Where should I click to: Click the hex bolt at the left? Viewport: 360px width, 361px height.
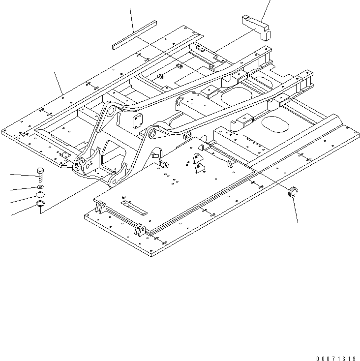[x=40, y=175]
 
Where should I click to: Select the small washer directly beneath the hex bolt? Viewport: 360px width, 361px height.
[x=40, y=187]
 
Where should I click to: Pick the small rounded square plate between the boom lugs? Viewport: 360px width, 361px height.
[x=137, y=120]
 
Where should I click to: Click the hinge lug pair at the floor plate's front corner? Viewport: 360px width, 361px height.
[x=139, y=230]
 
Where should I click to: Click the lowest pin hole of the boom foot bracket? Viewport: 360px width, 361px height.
[x=113, y=182]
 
